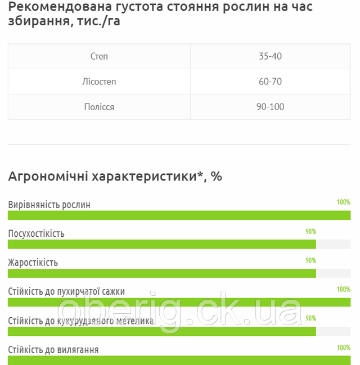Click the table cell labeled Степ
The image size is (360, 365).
click(x=99, y=56)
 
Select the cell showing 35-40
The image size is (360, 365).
click(x=270, y=56)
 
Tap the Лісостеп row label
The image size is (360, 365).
click(x=99, y=82)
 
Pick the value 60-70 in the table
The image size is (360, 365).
click(x=270, y=82)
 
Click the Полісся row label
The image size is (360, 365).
click(x=99, y=107)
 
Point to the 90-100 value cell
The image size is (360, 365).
click(x=270, y=107)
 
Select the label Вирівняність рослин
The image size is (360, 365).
click(x=49, y=205)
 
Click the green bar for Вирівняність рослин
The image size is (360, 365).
click(x=179, y=215)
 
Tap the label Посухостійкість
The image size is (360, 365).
click(x=37, y=233)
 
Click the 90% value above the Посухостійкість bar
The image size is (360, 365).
click(x=310, y=231)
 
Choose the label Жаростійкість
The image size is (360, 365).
click(x=33, y=263)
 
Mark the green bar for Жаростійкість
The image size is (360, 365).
click(x=162, y=273)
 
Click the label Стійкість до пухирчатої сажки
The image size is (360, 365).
click(x=66, y=291)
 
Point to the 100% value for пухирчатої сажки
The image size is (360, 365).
click(x=343, y=289)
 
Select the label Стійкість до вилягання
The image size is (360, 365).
click(x=53, y=350)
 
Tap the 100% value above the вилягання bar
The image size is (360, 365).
click(x=343, y=348)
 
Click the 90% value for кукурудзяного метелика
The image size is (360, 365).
click(x=310, y=318)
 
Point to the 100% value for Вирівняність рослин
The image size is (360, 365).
click(x=343, y=202)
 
